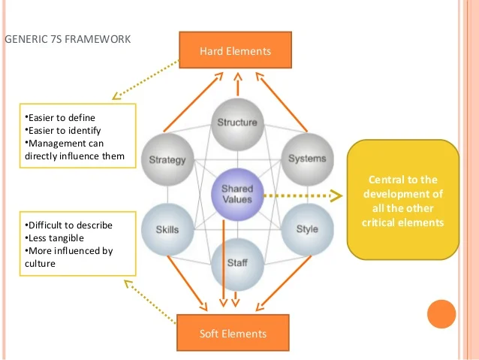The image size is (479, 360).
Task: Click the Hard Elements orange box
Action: [x=235, y=50]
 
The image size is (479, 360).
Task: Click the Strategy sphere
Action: [x=167, y=159]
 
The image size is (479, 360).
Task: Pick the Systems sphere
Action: [x=306, y=158]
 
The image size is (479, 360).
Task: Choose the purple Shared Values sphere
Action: [x=236, y=193]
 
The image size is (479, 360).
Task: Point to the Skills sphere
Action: [x=167, y=228]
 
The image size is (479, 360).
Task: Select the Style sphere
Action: [x=306, y=228]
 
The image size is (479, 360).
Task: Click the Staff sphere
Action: [x=236, y=263]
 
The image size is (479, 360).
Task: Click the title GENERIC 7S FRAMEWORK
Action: [x=68, y=38]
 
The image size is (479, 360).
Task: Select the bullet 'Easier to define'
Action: [x=61, y=118]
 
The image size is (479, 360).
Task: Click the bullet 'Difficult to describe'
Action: [x=68, y=225]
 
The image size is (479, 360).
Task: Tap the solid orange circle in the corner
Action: [x=441, y=314]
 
